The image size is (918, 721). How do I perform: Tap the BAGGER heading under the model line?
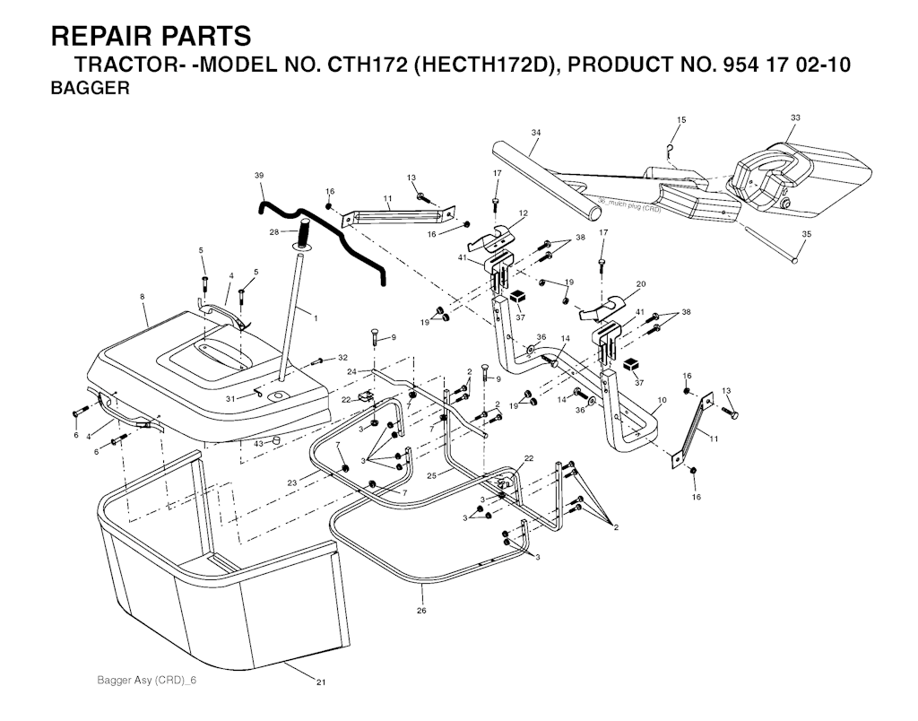91,89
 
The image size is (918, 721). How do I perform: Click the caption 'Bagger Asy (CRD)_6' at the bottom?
146,681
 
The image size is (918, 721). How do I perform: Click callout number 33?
795,117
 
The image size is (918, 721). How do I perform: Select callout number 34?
535,133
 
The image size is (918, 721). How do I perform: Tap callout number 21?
320,682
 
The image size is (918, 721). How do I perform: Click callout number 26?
420,611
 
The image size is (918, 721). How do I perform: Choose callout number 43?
258,444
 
